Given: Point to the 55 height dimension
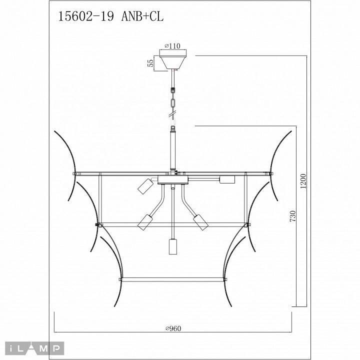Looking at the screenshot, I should click(149, 62).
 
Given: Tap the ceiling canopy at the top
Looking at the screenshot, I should click(173, 60).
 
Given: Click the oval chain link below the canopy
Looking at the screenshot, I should click(173, 102).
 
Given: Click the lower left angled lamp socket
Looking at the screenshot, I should click(146, 221).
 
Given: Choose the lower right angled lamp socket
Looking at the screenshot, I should click(200, 221).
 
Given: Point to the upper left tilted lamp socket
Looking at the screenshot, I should click(145, 187).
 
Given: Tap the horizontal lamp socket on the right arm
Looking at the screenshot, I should click(227, 179).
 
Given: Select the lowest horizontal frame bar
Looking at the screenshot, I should click(173, 279).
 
